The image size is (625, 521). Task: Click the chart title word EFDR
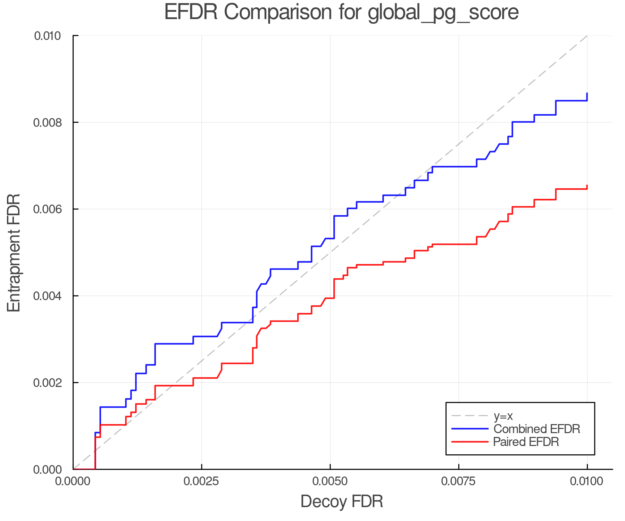point(191,12)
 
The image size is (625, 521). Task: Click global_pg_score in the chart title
point(443,13)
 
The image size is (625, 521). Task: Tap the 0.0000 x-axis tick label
point(73,481)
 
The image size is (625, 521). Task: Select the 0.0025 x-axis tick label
point(202,481)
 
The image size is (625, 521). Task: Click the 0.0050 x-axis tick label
point(330,481)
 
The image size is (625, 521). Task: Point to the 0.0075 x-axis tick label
point(459,481)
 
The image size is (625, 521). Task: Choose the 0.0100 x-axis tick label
point(587,481)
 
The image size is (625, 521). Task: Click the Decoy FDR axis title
point(342,502)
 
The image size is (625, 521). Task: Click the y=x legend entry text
point(503,416)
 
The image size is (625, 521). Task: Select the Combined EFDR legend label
point(536,429)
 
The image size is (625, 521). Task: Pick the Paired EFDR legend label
point(526,442)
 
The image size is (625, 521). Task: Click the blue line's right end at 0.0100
point(587,94)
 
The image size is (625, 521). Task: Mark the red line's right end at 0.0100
point(587,186)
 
